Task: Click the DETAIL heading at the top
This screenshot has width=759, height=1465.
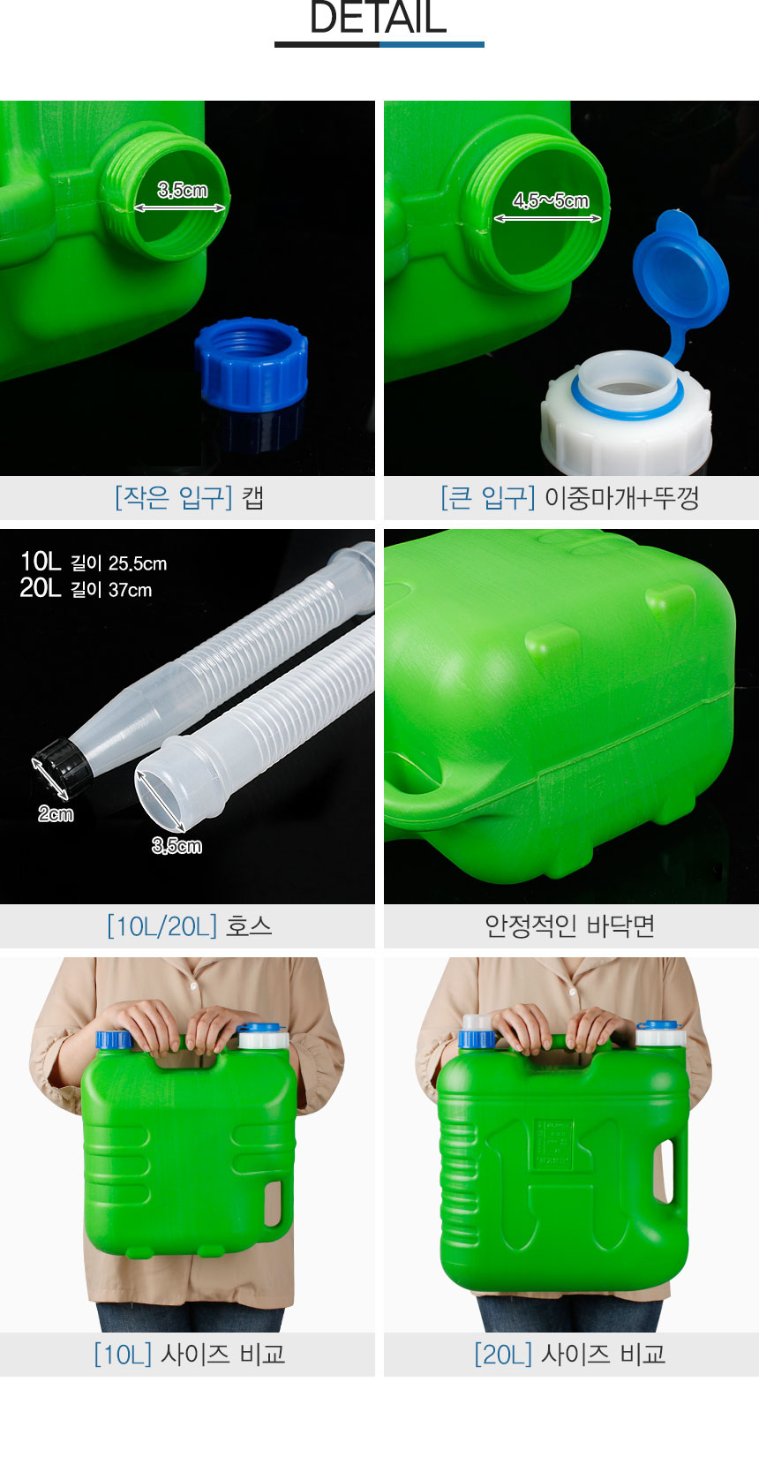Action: click(x=379, y=18)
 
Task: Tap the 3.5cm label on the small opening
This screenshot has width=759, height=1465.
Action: click(x=183, y=190)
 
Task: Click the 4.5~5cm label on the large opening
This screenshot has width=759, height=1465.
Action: click(x=551, y=201)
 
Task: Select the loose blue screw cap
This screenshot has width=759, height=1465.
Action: click(x=252, y=365)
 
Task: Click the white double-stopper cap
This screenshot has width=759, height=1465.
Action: click(x=626, y=415)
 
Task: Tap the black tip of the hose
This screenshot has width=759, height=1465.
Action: click(x=63, y=765)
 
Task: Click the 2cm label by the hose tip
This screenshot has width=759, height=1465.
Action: click(x=56, y=814)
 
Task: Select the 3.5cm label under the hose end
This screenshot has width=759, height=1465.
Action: click(x=177, y=846)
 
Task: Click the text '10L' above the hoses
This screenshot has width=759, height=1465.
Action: click(x=40, y=562)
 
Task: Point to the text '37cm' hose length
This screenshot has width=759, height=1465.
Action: click(x=130, y=590)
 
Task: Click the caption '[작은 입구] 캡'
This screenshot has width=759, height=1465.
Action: click(x=189, y=498)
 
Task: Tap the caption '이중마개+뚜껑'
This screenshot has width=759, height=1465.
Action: click(x=621, y=498)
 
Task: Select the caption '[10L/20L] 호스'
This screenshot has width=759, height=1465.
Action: click(x=189, y=926)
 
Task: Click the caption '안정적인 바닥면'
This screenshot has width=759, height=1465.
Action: click(x=570, y=926)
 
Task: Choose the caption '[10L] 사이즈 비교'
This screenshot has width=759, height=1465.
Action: click(x=189, y=1354)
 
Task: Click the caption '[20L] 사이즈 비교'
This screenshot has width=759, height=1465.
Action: click(x=570, y=1354)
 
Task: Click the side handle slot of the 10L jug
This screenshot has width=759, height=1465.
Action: click(x=273, y=1203)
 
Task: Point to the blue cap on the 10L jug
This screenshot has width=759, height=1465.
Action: click(x=113, y=1039)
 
